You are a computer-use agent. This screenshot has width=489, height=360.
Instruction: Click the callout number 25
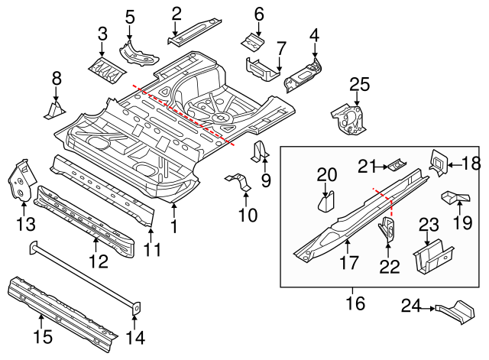[x=359, y=84]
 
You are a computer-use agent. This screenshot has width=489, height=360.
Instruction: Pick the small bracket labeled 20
[x=326, y=200]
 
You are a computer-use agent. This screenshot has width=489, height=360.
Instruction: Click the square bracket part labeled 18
[x=440, y=161]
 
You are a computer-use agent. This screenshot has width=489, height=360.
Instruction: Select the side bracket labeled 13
[x=21, y=178]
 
